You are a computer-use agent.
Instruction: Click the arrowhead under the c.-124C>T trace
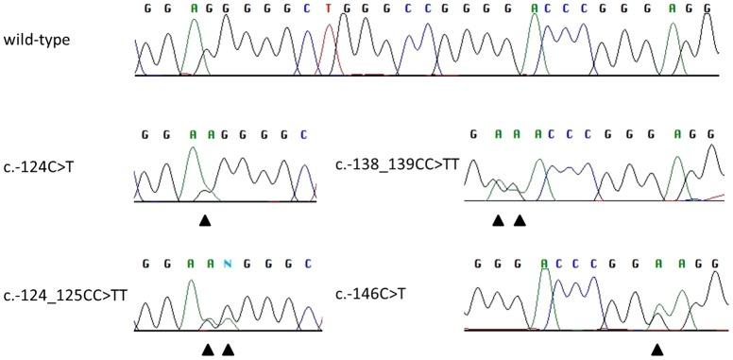[x=205, y=220]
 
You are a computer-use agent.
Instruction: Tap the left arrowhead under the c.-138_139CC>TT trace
[x=498, y=220]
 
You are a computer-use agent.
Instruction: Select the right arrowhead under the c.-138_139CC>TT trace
[x=519, y=220]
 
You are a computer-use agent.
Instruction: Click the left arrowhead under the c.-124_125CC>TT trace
[x=207, y=350]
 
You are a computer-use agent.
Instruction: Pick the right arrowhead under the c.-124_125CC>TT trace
[x=228, y=350]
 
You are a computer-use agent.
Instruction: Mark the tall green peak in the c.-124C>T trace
[x=196, y=165]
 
